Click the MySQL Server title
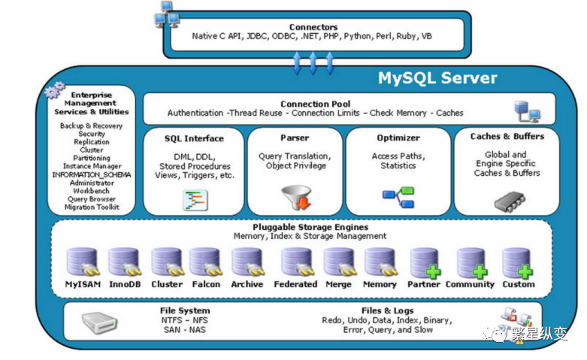tap(437, 78)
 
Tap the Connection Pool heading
tap(315, 104)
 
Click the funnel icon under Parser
tap(295, 198)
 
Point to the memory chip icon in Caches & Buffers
tap(509, 201)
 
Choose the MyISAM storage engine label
tap(83, 285)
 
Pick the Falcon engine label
tap(206, 285)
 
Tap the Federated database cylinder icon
tap(296, 262)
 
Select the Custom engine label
tap(519, 285)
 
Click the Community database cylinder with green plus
tap(471, 262)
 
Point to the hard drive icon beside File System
tap(99, 322)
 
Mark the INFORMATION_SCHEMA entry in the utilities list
tap(92, 174)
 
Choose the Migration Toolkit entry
tap(92, 207)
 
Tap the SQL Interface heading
tap(194, 138)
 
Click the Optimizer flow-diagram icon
tap(398, 198)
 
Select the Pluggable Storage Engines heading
tap(310, 227)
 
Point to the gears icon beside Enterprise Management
tap(54, 92)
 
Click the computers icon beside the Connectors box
tap(167, 14)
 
